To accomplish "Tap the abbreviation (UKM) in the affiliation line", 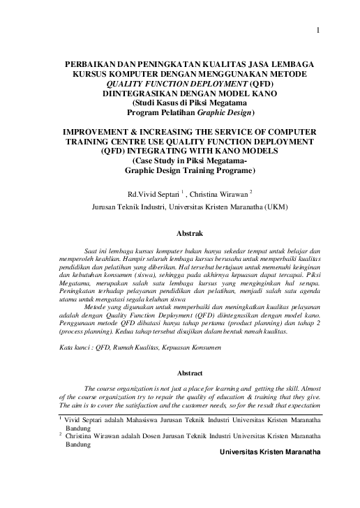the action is tap(271, 207).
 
